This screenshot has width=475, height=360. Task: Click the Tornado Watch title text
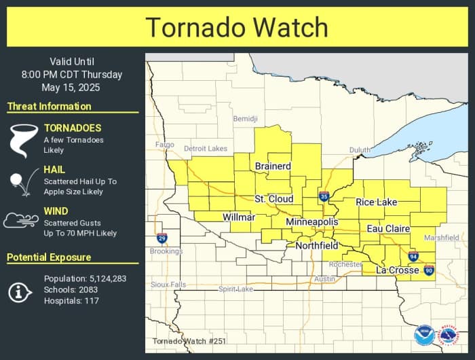point(237,27)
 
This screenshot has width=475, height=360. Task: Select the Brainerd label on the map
point(273,166)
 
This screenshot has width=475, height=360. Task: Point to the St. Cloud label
point(274,199)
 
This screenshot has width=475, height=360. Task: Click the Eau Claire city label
point(388,229)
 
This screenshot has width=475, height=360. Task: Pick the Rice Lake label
point(377,202)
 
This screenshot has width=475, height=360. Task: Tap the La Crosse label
point(398,270)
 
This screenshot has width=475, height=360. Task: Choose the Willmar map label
point(239,217)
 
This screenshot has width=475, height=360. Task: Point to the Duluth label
point(360,150)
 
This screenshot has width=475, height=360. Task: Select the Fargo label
point(165,145)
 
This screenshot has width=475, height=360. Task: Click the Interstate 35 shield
point(324,197)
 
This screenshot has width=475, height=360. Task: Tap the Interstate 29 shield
point(161,238)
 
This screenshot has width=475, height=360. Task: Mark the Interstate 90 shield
point(429,270)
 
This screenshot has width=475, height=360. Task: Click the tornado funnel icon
point(22,140)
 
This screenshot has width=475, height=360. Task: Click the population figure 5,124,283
point(108,278)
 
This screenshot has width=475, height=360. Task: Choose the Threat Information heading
point(49,106)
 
